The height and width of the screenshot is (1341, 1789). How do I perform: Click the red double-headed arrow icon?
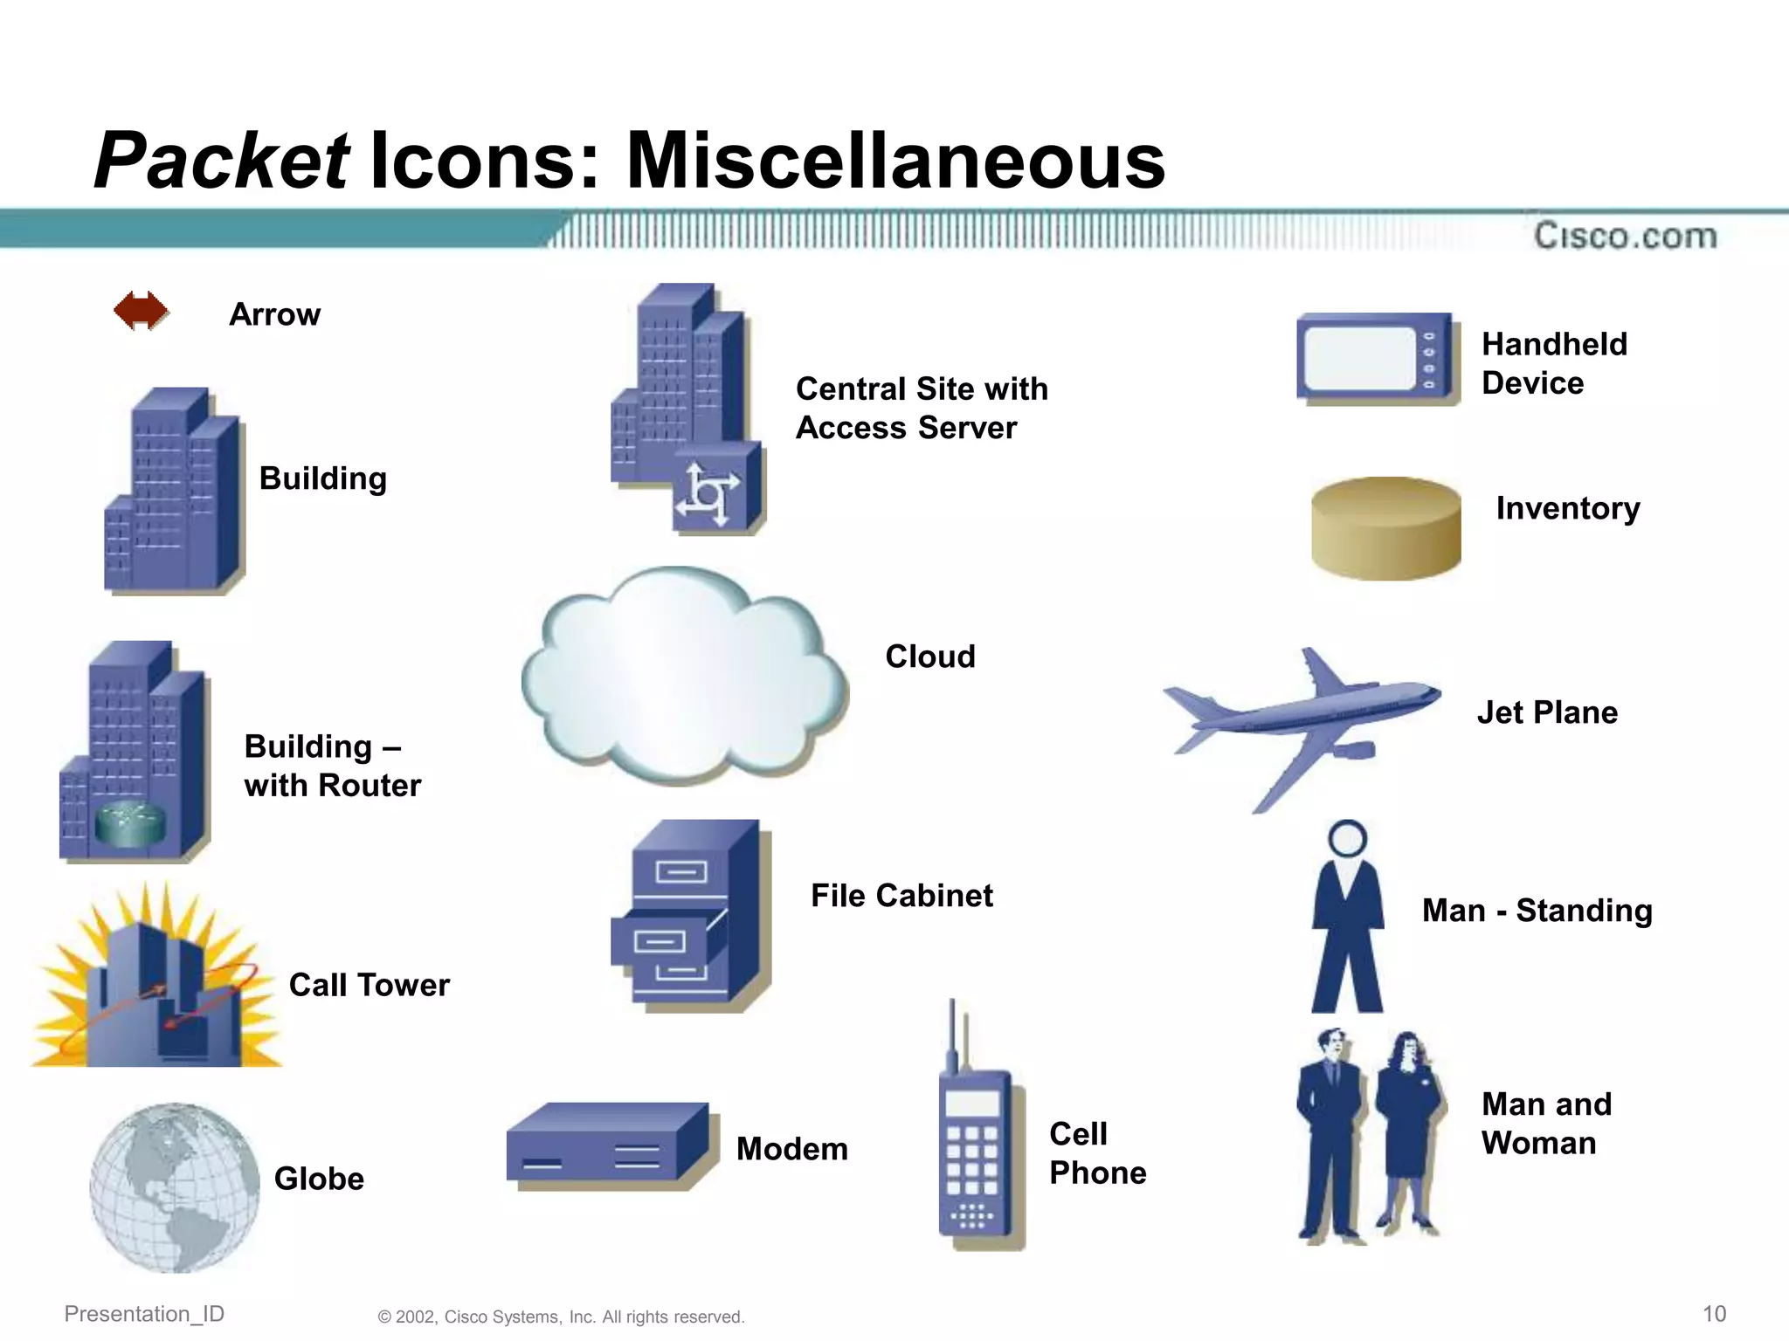(x=141, y=311)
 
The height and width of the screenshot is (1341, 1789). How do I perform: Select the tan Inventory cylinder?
(x=1385, y=528)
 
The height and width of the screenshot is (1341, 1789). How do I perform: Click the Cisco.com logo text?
(x=1625, y=236)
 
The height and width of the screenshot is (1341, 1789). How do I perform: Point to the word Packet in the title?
(x=222, y=161)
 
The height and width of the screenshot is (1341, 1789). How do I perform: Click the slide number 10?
(x=1714, y=1314)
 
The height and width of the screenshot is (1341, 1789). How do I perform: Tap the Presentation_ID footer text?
(x=144, y=1314)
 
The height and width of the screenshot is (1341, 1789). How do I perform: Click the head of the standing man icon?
(x=1347, y=838)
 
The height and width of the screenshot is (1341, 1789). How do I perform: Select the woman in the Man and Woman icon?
(x=1406, y=1131)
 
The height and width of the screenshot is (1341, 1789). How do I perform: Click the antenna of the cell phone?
(x=952, y=1035)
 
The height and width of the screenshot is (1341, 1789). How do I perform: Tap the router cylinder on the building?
(x=130, y=824)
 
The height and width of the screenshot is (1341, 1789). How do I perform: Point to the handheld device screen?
(x=1359, y=359)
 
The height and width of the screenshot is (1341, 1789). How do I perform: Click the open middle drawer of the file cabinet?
(x=660, y=941)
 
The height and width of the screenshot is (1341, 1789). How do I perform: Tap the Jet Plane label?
(x=1547, y=712)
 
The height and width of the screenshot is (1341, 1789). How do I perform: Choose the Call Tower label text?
(x=369, y=985)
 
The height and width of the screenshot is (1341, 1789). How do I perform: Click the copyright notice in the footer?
(x=561, y=1317)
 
